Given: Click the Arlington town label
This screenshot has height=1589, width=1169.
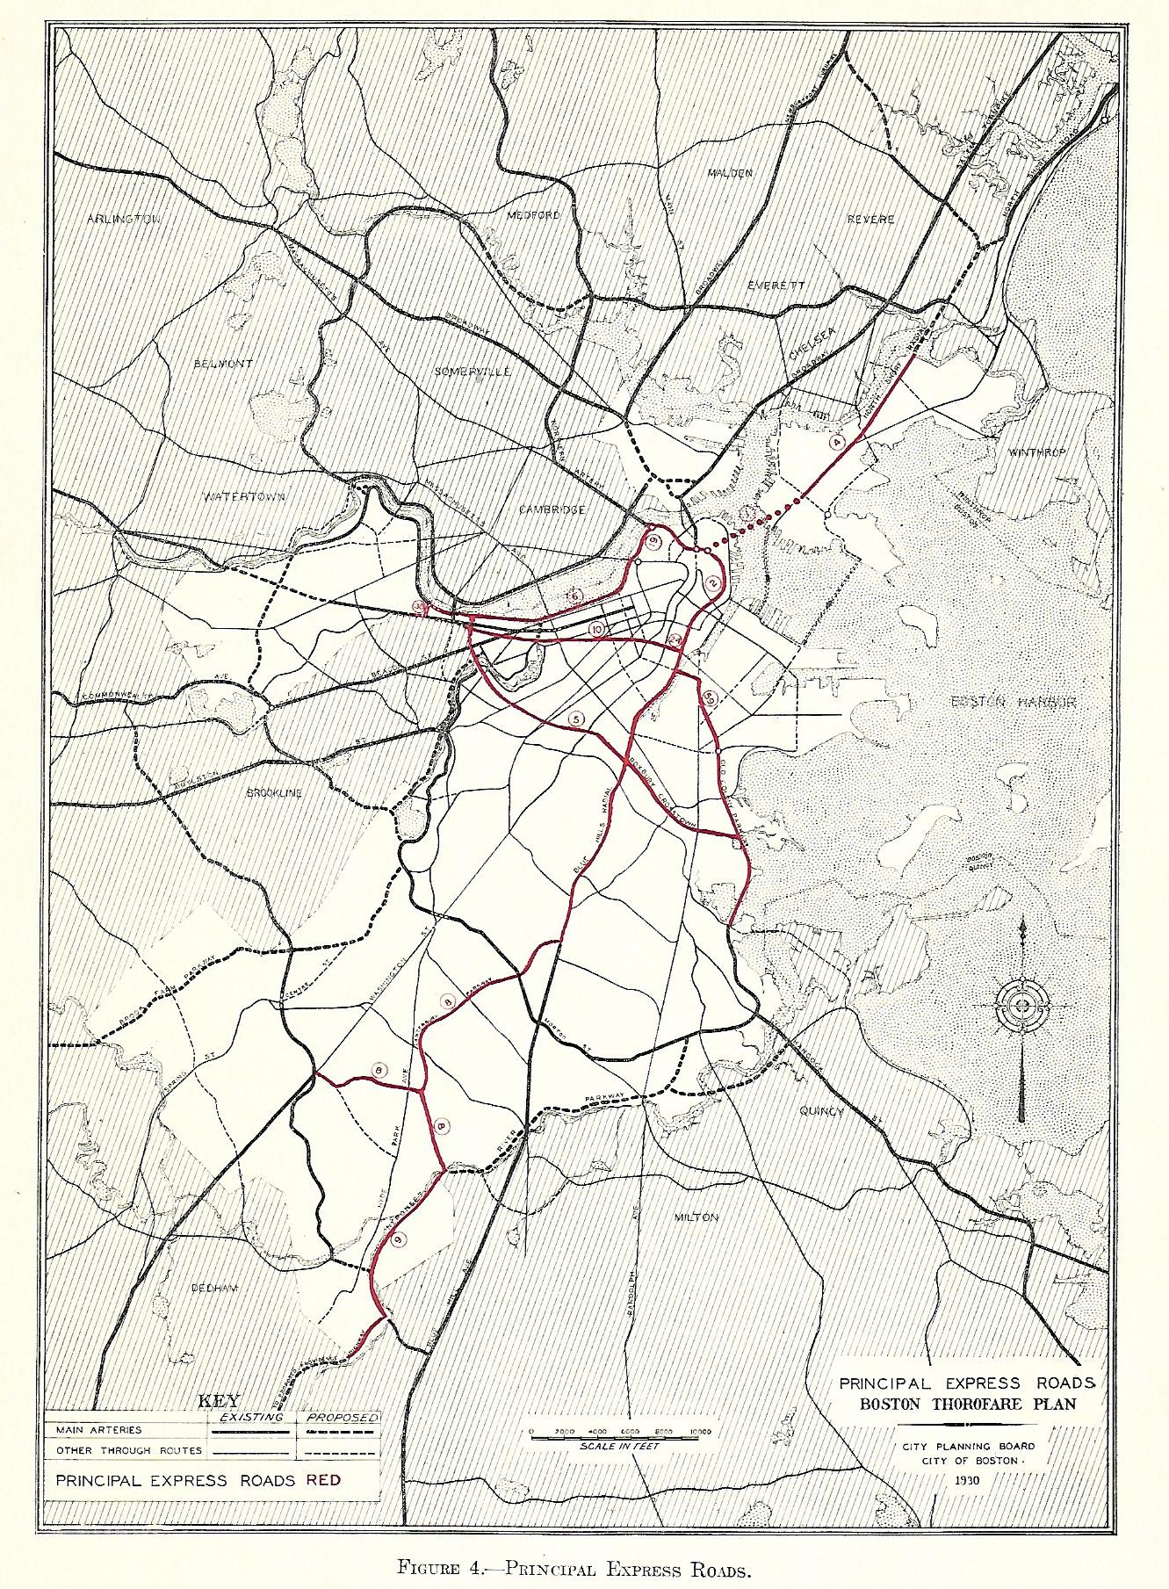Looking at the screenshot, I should pos(124,219).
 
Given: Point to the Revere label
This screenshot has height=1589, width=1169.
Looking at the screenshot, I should pos(871,219).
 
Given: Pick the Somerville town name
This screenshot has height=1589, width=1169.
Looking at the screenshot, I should pos(473,371).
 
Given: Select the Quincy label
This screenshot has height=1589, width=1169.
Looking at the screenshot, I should pos(820,1111).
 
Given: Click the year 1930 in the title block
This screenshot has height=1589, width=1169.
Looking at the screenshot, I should pos(966,1478).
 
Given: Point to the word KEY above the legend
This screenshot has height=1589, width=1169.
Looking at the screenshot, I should pos(220,1400).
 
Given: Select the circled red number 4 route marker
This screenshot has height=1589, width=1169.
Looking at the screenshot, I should pos(837,443).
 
